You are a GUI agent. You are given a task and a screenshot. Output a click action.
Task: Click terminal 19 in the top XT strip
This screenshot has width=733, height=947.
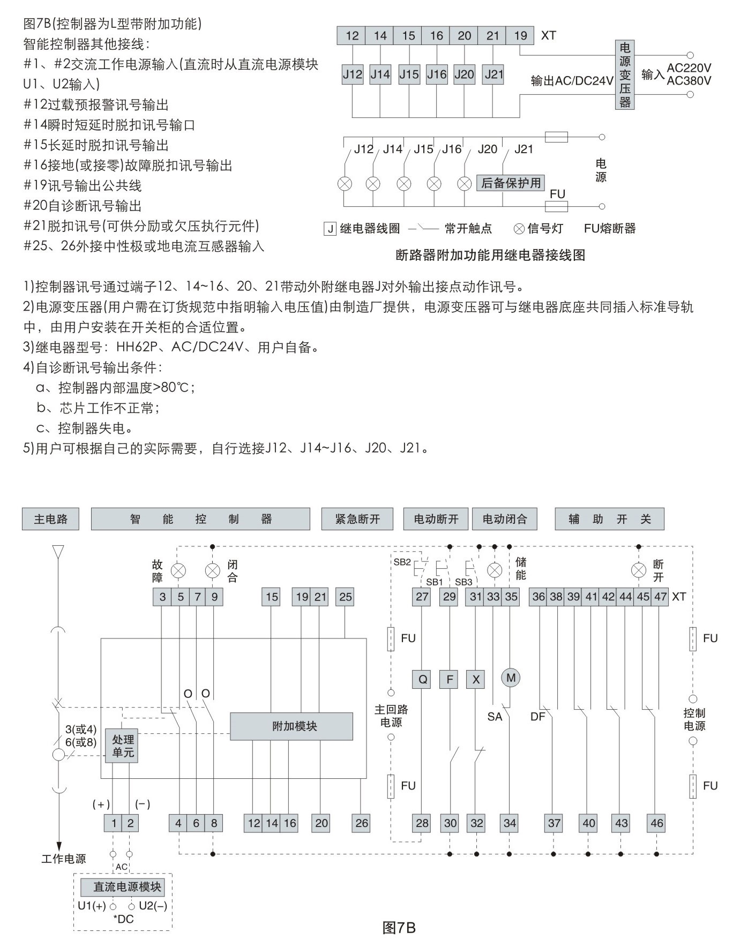point(520,36)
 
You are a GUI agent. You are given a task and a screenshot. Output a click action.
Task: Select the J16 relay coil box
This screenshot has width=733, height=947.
point(437,74)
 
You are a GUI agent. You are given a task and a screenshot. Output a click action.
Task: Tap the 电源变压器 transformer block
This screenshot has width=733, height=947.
point(625,75)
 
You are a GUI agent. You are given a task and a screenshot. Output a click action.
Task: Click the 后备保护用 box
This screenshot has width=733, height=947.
point(511,183)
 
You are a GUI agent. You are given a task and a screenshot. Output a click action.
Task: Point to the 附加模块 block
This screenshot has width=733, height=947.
point(291,726)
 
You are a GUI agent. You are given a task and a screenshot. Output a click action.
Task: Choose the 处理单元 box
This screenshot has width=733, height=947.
point(123,746)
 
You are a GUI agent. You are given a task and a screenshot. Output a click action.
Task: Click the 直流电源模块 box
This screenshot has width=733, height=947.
point(127,887)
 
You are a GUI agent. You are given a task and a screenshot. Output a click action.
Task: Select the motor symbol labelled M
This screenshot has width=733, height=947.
point(511,678)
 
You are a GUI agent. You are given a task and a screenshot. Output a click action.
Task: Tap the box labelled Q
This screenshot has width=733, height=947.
point(423,680)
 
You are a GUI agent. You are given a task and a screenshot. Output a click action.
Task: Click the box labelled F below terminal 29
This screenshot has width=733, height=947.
point(450,680)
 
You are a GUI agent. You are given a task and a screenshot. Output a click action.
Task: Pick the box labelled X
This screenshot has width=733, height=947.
point(476,680)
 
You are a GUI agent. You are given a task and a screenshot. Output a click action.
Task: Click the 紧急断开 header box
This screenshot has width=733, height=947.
point(357,519)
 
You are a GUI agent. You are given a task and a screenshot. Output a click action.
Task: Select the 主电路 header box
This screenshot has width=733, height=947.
point(50,519)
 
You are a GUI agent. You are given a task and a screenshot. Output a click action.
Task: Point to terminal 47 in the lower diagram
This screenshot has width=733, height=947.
point(660,597)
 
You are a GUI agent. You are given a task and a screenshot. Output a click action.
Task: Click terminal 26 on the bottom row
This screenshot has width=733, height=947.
point(362,823)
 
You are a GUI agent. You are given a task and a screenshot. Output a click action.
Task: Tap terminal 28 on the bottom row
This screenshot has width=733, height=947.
point(422,823)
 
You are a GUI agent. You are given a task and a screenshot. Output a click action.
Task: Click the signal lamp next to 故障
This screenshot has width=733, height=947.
point(178,571)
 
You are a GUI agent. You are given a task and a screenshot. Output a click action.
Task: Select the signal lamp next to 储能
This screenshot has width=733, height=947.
point(495,570)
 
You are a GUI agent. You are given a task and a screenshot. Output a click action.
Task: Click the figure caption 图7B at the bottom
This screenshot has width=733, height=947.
point(399,928)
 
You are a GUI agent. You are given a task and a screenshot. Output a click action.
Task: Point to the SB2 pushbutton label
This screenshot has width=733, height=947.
point(402,562)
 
